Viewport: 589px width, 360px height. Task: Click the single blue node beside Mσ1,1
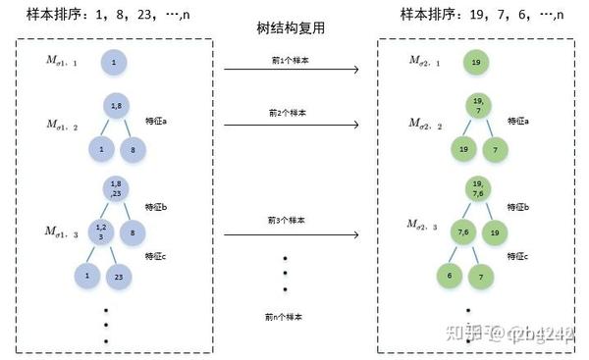[x=114, y=63]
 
